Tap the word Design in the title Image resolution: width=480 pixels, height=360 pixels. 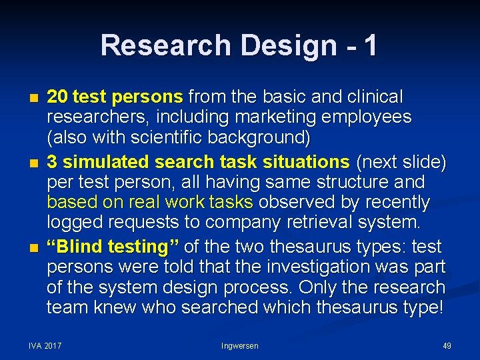(290, 45)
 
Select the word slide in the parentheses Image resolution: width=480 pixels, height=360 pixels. (422, 161)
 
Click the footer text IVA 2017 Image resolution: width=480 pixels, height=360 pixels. (45, 346)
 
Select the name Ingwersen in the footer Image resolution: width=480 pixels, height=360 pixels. (239, 346)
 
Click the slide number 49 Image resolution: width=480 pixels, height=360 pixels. (447, 346)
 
